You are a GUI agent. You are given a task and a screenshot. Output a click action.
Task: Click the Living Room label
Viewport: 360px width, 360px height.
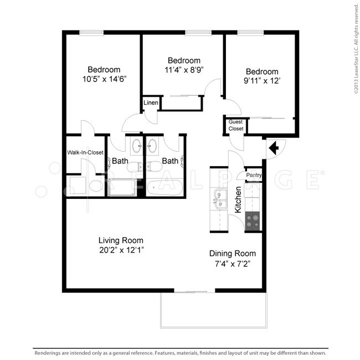[x=121, y=240]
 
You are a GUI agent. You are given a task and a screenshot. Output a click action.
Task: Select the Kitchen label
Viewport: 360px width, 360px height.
[x=238, y=200]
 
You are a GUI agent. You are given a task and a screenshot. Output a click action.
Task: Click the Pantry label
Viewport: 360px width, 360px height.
[x=254, y=176]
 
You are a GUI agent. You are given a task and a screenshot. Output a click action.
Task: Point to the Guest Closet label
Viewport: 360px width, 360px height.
[x=236, y=126]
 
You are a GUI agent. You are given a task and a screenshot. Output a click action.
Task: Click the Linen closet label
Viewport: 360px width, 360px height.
[x=151, y=104]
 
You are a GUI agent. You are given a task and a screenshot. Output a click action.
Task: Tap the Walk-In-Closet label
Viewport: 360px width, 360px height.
[x=85, y=152]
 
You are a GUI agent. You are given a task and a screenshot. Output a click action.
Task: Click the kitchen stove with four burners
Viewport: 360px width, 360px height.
[x=253, y=222]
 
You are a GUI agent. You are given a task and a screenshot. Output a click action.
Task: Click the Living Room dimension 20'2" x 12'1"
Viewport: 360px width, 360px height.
[x=121, y=250]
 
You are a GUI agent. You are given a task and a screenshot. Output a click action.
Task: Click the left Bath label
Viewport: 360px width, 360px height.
[x=121, y=161]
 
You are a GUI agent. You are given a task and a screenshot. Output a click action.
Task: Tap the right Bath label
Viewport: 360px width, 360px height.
[x=170, y=161]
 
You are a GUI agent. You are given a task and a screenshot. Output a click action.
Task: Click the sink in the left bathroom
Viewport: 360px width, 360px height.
[x=136, y=147]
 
